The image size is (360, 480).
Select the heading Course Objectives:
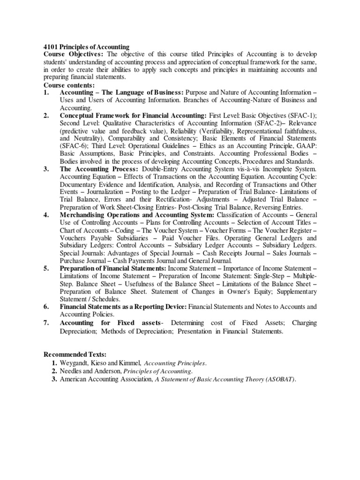pos(74,54)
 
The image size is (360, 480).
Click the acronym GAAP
pos(306,146)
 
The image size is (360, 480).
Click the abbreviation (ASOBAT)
pos(279,379)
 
